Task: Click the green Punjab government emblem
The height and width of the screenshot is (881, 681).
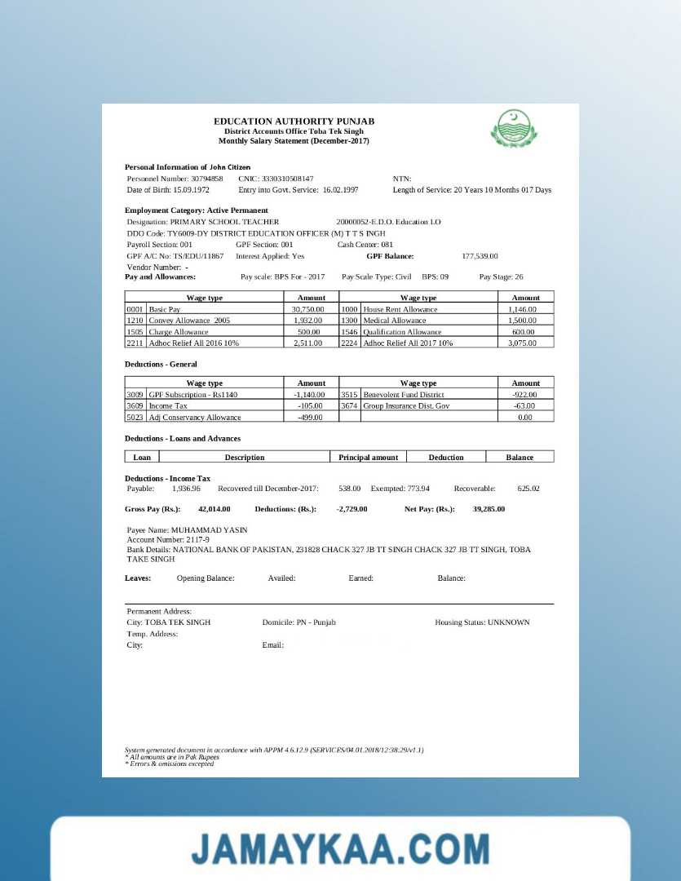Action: point(514,128)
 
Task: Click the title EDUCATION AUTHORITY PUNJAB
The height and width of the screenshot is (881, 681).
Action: point(294,122)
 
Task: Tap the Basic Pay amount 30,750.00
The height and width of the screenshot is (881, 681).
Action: point(308,310)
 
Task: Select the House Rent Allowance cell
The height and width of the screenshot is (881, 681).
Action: point(400,310)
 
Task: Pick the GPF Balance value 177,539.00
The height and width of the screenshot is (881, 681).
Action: point(480,256)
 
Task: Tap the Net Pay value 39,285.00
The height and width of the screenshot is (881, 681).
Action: point(489,509)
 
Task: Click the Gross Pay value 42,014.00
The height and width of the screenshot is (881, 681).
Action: point(214,509)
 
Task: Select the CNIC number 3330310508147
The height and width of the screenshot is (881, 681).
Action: point(286,178)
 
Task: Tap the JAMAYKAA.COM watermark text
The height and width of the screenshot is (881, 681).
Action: point(340,849)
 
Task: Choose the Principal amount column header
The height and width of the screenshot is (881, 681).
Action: point(368,457)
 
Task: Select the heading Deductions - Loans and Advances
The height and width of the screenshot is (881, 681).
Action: point(183,439)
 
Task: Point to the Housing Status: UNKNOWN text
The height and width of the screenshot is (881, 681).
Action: point(482,622)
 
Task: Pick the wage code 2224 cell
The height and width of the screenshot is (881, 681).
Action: point(349,343)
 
